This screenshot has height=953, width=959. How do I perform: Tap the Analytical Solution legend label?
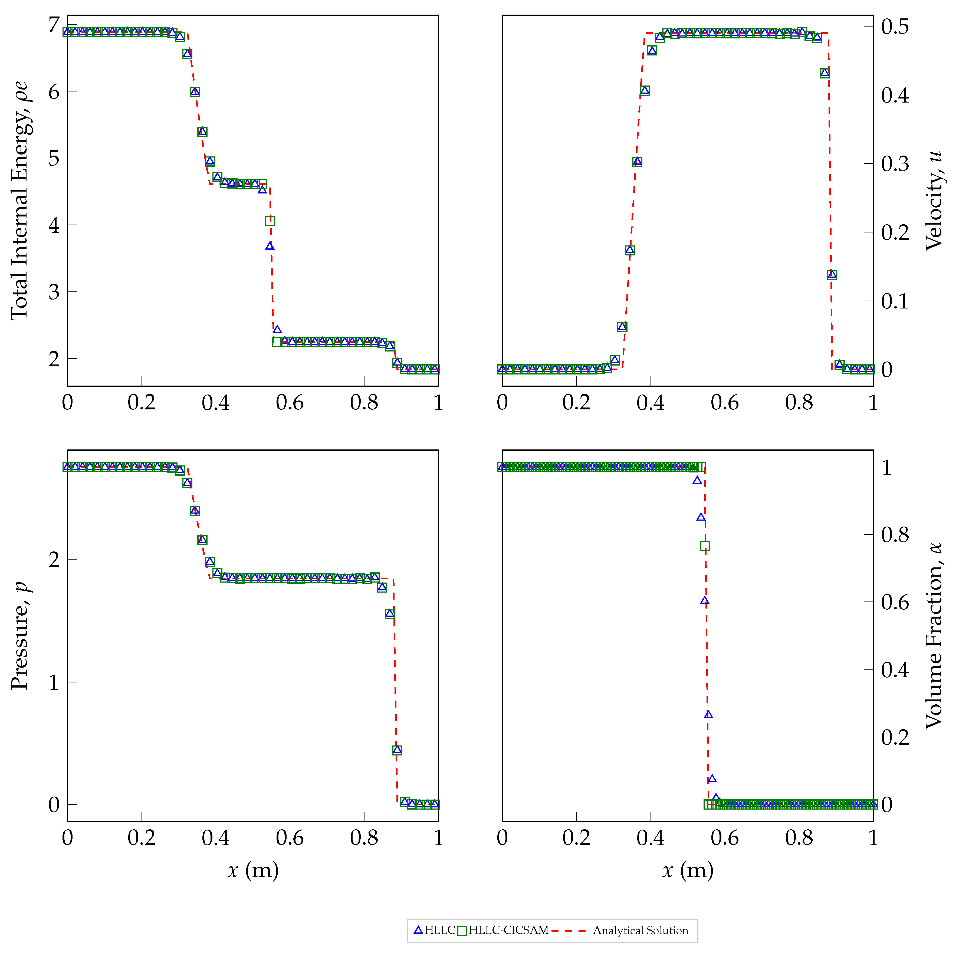[640, 930]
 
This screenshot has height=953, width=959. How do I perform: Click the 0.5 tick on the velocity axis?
[895, 26]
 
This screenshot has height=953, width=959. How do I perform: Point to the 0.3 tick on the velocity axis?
[895, 163]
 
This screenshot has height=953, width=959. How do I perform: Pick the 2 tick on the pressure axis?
[54, 559]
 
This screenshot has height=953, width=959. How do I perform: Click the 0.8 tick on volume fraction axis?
[895, 535]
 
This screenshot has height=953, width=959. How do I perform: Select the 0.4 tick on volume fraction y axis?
[895, 670]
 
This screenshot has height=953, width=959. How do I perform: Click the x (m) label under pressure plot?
[253, 870]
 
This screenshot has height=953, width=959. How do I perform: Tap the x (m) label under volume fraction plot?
[688, 870]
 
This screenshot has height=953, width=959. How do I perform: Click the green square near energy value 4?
[270, 221]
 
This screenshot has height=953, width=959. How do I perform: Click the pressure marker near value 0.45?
[397, 750]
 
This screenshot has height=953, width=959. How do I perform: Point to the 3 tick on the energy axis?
[54, 292]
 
